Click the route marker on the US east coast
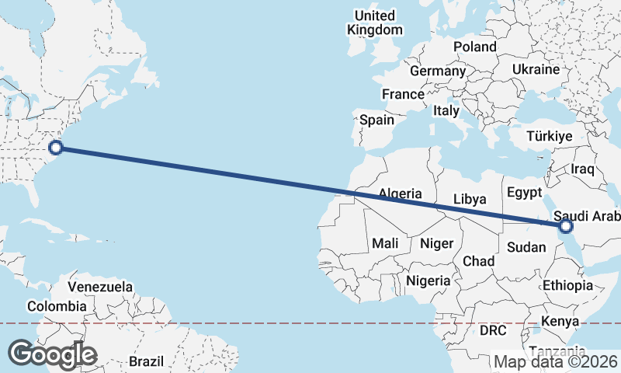click(55, 147)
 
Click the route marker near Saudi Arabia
click(565, 226)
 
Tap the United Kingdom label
click(375, 23)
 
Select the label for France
click(403, 94)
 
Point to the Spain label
click(376, 120)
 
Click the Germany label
click(437, 71)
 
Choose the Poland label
click(475, 47)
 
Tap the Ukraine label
click(536, 69)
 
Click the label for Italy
click(446, 110)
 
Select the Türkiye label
click(549, 136)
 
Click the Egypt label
click(522, 192)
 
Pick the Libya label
click(469, 199)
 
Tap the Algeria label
click(400, 193)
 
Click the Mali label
click(385, 243)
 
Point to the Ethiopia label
click(567, 285)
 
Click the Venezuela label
click(100, 286)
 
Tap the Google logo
click(52, 354)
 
